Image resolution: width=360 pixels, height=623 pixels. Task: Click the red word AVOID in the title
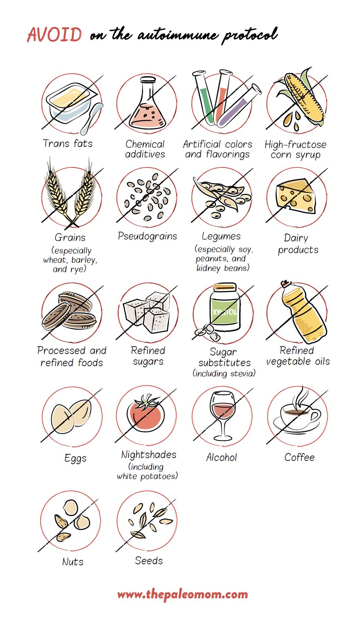(55, 35)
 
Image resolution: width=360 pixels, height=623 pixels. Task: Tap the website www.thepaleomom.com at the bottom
(182, 595)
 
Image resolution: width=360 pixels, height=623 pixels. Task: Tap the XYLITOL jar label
(225, 312)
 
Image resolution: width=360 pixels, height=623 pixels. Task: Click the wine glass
(223, 414)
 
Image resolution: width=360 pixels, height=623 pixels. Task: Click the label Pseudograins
(147, 236)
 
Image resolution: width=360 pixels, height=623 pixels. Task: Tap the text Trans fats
(68, 144)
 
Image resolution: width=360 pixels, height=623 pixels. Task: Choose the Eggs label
(75, 458)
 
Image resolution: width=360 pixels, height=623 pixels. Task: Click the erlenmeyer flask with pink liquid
(147, 107)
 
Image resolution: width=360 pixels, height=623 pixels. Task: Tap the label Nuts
(73, 562)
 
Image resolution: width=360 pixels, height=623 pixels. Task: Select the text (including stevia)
(224, 374)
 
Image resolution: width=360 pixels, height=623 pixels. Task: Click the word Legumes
(221, 236)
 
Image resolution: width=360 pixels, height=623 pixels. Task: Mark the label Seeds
(149, 561)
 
